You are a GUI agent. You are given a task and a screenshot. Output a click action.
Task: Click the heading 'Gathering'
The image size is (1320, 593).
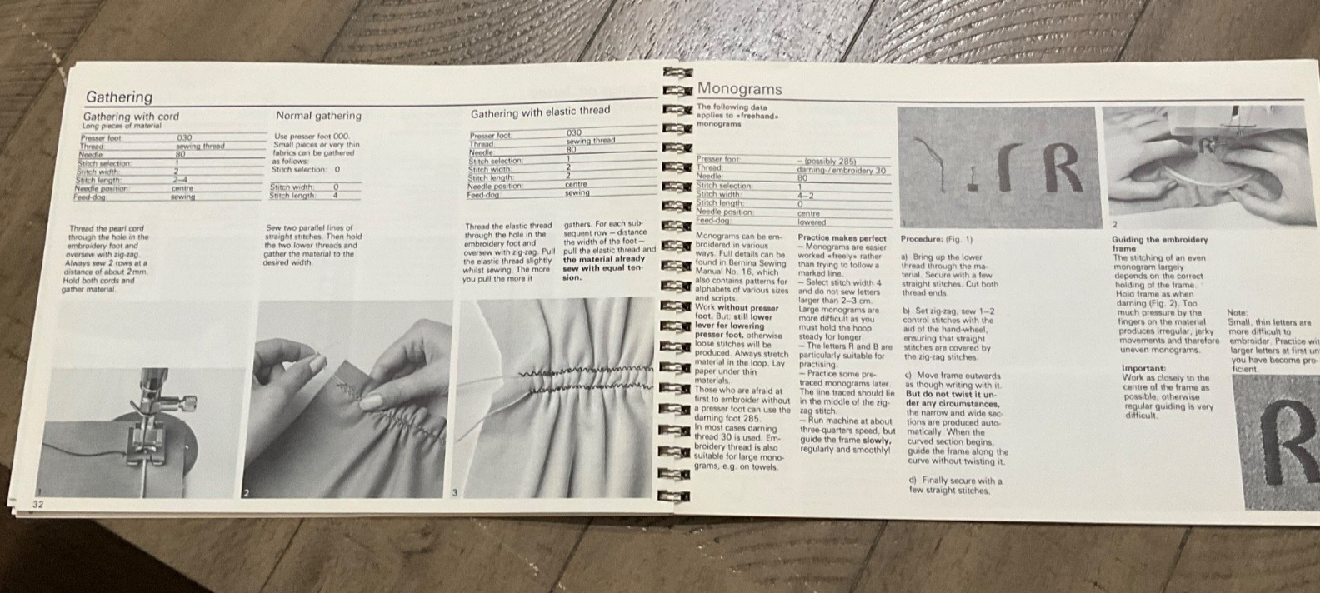pos(119,97)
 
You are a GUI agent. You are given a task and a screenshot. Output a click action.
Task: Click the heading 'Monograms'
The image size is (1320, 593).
pos(739,88)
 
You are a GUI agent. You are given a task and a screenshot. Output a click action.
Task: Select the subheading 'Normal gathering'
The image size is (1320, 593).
pos(318,116)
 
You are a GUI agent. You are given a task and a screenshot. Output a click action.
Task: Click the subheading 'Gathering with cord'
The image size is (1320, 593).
pos(131,117)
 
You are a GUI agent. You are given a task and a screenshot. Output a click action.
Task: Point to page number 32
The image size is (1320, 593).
pos(39,504)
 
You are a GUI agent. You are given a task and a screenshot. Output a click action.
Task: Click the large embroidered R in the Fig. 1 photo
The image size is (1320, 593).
pos(1057,167)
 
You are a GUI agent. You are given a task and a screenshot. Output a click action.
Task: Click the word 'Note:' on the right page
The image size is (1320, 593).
pos(1237,313)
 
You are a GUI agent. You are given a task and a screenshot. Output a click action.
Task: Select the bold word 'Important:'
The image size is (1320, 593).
pos(1143,368)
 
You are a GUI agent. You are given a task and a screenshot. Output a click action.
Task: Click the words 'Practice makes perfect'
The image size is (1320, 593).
pos(842,238)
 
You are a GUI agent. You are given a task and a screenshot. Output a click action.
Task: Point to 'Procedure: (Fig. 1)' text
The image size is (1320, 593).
pos(936,239)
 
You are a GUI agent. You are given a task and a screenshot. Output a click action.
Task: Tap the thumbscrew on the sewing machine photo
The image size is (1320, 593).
pos(188,403)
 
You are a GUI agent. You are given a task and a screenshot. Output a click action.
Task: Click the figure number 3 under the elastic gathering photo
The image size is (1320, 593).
pos(455,492)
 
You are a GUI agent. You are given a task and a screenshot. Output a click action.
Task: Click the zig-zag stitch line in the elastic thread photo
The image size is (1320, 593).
pos(583,379)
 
